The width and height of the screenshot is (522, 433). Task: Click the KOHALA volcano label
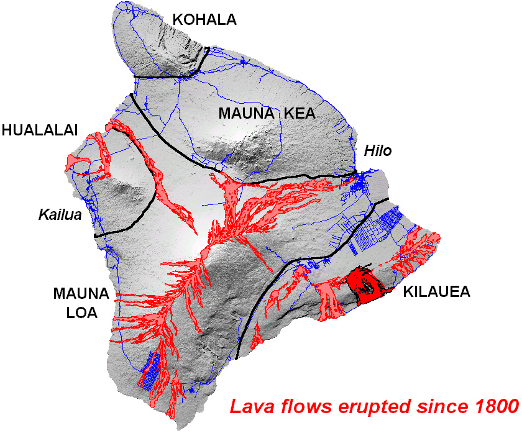point(204,20)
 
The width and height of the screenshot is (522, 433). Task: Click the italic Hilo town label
point(378,151)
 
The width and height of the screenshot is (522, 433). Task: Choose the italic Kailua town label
point(60,215)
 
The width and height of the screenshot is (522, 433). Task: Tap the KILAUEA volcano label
point(434,291)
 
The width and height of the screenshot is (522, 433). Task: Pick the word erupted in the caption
point(364,408)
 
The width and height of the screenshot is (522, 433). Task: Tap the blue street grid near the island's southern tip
point(150,370)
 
